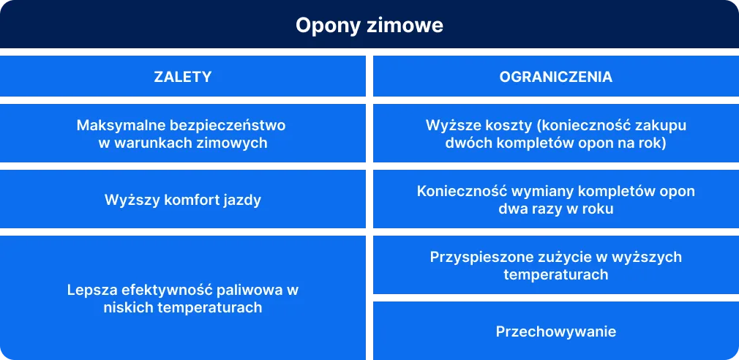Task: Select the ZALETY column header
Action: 183,77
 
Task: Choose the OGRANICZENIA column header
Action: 556,77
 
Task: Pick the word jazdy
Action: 242,199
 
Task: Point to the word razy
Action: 539,209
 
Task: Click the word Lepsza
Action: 91,290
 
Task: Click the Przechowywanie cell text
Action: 556,331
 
